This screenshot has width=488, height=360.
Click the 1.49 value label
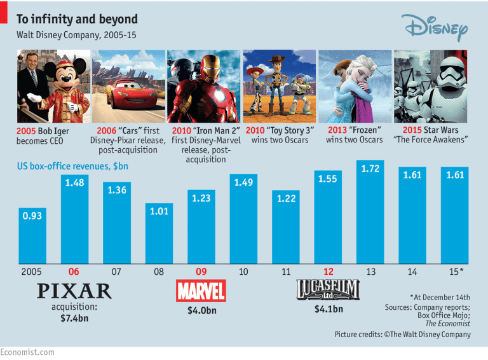(243, 183)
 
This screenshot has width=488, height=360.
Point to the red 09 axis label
(201, 272)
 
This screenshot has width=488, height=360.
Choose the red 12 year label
(328, 272)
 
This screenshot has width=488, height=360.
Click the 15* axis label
(455, 272)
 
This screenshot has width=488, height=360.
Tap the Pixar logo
(74, 291)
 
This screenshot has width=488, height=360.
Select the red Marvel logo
(201, 291)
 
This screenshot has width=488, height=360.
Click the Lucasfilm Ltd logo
(328, 291)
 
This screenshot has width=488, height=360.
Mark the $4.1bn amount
(328, 310)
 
